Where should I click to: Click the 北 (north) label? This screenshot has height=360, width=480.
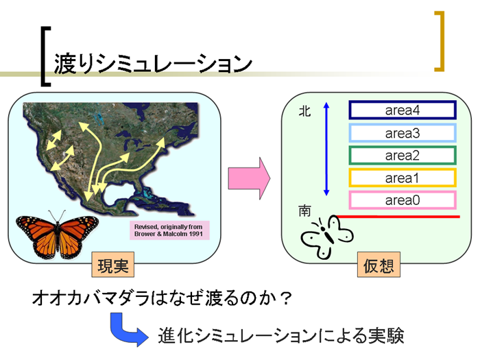(x=304, y=111)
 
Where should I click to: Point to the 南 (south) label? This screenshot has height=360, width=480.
(x=304, y=211)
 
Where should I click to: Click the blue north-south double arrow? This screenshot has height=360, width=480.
(x=326, y=149)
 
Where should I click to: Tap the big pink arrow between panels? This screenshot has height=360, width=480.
(x=249, y=178)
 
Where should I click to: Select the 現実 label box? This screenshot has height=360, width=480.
(x=113, y=265)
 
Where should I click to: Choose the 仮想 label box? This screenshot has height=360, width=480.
(x=379, y=265)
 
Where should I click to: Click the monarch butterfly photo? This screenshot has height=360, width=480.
(x=57, y=235)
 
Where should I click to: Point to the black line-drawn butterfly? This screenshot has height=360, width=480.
(x=327, y=237)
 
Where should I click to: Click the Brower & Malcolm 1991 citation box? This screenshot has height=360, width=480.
(x=169, y=230)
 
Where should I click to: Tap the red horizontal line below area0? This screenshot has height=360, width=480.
(x=397, y=217)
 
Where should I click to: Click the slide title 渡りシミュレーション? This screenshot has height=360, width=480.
(x=153, y=64)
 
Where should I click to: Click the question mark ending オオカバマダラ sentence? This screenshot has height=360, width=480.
(x=286, y=298)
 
